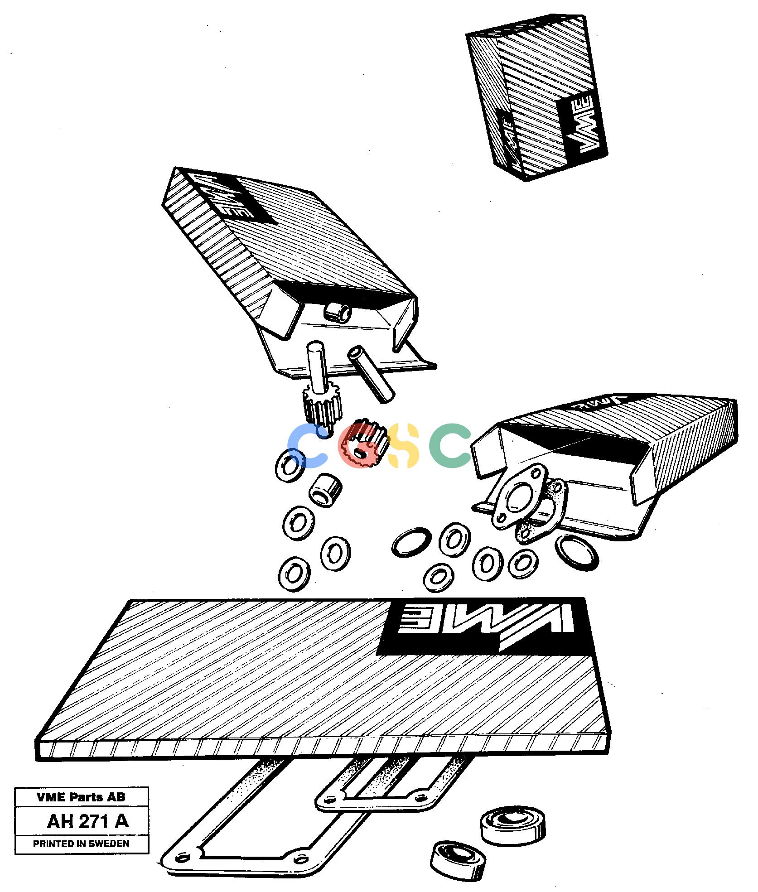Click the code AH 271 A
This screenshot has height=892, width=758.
pyautogui.click(x=88, y=821)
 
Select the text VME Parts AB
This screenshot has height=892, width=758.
pyautogui.click(x=81, y=797)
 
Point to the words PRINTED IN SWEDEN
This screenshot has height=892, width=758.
pyautogui.click(x=81, y=844)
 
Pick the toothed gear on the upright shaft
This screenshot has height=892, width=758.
pyautogui.click(x=320, y=406)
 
